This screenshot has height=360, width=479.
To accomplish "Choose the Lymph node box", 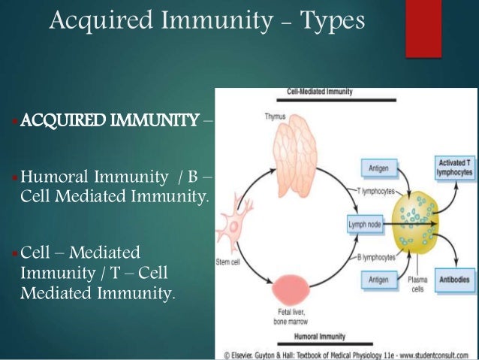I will click(x=366, y=224).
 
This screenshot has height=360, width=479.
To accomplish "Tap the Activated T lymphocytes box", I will click(x=454, y=166).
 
